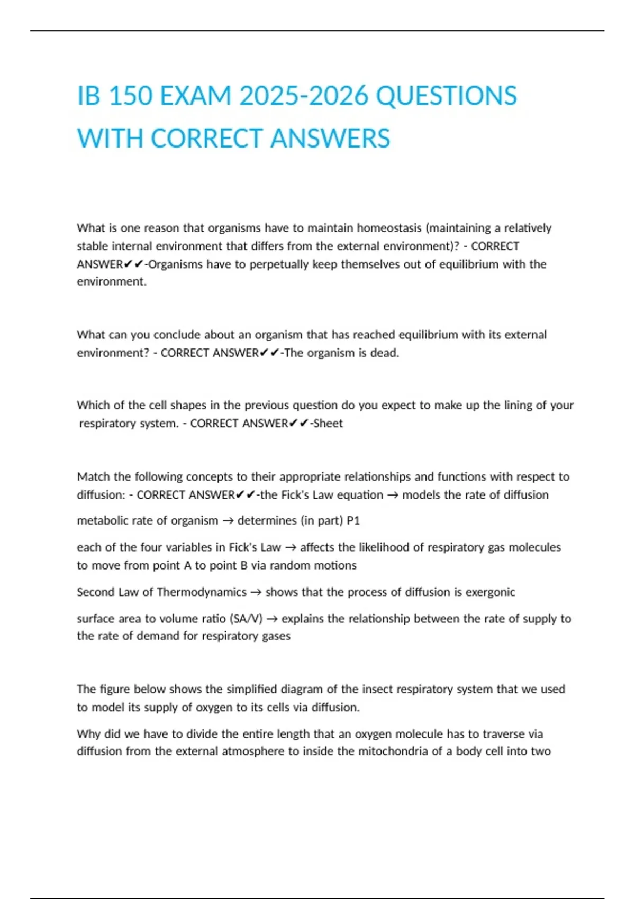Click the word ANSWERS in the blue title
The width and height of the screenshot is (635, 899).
(330, 139)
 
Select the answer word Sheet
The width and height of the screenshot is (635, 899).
(328, 424)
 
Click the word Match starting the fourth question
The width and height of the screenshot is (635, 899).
(93, 476)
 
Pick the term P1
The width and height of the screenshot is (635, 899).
(353, 520)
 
